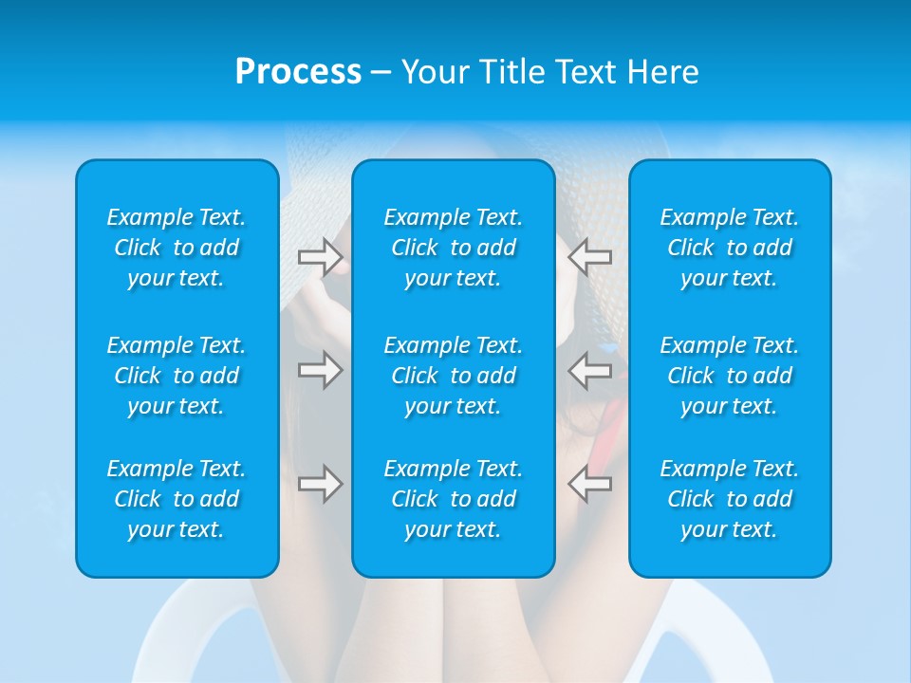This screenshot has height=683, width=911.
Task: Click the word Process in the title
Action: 298,72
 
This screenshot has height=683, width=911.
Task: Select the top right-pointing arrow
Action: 321,257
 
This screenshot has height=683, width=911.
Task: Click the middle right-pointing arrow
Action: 321,370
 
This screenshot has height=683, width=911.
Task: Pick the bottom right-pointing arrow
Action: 321,484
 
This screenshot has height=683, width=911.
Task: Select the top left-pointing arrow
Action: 589,257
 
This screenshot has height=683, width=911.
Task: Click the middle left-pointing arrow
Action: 589,370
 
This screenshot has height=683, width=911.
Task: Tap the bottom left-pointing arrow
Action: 589,484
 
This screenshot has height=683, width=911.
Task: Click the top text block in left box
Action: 177,248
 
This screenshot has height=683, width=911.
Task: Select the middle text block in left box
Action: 177,376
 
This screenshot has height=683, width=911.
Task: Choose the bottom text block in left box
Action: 177,499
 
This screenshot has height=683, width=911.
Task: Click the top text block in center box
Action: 453,248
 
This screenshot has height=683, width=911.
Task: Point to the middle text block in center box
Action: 453,376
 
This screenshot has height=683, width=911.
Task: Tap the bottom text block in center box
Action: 453,499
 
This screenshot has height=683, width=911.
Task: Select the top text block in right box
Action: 729,248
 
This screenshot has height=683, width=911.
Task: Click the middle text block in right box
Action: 729,376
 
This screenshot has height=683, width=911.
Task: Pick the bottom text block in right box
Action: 729,499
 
